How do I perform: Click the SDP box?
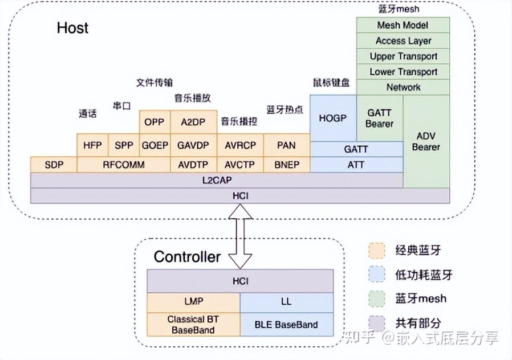53,165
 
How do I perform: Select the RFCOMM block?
123,165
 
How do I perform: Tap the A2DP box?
193,122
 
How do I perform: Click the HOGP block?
333,118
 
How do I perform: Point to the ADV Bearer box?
426,141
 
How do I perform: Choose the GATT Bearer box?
379,118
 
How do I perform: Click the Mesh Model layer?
403,25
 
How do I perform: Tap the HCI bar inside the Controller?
239,281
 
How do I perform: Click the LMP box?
193,301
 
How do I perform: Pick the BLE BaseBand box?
286,325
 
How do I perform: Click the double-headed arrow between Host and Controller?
240,236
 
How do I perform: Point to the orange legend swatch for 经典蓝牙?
376,250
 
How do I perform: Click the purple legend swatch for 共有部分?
376,322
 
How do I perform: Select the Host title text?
72,28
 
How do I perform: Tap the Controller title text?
187,257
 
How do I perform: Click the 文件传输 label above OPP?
154,82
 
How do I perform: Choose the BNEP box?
286,165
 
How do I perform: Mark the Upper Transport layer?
403,56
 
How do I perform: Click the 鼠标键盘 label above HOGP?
331,82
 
